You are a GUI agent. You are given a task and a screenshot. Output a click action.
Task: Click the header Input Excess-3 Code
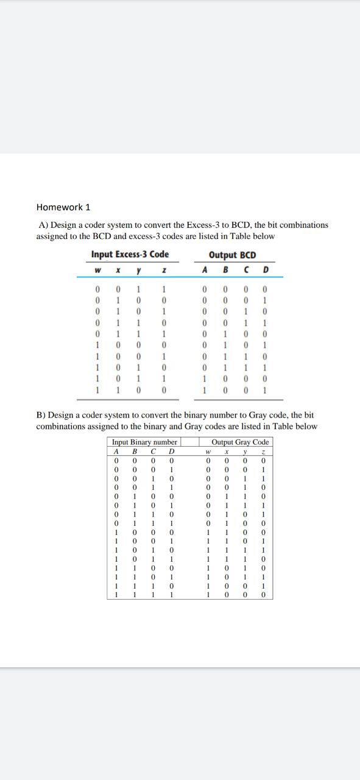130,255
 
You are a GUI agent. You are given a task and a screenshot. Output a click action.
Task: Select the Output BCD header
232,255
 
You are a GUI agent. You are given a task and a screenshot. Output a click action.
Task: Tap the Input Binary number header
144,442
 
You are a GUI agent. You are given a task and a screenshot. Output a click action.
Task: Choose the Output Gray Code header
240,442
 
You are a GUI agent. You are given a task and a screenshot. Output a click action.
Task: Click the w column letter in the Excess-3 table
97,270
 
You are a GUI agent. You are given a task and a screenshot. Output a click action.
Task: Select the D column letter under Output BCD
266,270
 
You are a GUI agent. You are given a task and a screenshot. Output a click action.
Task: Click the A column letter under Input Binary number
116,452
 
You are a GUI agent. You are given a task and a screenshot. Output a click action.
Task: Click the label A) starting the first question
43,225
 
